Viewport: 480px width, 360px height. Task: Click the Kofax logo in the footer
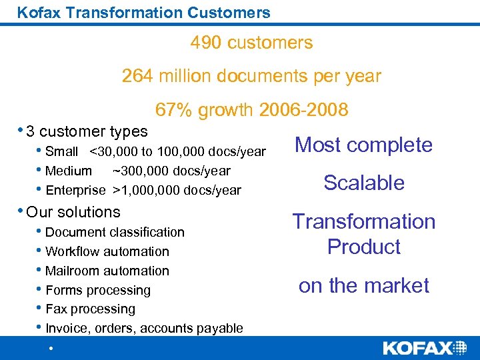pos(425,348)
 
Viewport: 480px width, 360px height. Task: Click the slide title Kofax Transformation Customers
pos(143,12)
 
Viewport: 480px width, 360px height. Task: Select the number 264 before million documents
pos(137,76)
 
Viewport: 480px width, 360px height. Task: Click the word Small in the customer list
pos(61,152)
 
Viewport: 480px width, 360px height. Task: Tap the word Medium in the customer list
pos(69,171)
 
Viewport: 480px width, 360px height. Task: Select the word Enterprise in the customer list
pos(75,191)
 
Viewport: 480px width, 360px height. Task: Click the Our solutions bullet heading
pos(73,212)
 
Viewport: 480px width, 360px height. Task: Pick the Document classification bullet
pos(115,232)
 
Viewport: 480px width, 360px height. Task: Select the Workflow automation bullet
pos(107,251)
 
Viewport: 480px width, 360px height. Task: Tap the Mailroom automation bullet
pos(107,271)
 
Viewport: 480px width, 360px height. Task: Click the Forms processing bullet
pos(98,290)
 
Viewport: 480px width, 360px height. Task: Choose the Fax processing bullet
pos(90,309)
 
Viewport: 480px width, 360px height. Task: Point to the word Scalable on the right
pos(364,183)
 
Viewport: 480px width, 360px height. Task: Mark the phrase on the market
pos(364,285)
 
